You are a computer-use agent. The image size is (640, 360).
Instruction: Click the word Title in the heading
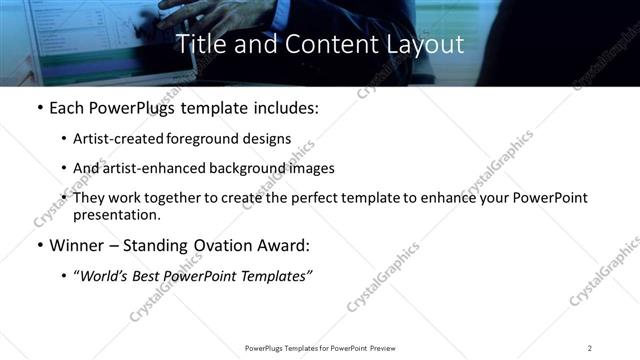(201, 44)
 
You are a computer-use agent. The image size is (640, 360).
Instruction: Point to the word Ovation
(219, 246)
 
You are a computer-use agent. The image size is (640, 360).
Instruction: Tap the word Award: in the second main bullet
(283, 246)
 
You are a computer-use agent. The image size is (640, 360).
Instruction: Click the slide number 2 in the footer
(590, 348)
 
